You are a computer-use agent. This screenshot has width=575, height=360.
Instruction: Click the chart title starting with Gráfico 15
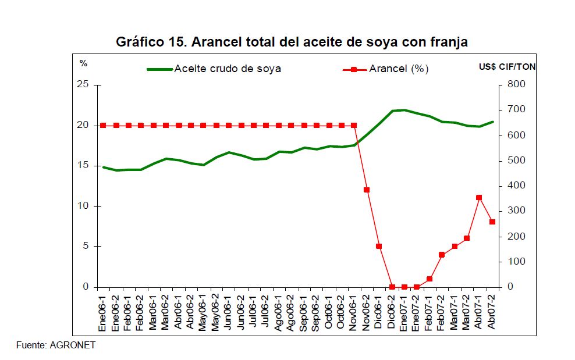tap(292, 42)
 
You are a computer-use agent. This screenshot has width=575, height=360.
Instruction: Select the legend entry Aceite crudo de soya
tap(228, 69)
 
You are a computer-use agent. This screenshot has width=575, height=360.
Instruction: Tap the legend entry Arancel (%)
tap(399, 69)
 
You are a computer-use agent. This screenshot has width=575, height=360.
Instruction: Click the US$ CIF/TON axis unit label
tap(503, 67)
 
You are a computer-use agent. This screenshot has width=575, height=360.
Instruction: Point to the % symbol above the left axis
tap(83, 63)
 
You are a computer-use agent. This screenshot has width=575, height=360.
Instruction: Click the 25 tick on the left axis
tap(83, 85)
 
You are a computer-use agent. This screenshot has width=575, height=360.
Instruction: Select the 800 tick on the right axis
tap(516, 85)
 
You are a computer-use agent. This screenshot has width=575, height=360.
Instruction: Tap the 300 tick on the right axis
tap(516, 211)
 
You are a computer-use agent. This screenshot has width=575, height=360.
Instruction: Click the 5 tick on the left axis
tap(86, 247)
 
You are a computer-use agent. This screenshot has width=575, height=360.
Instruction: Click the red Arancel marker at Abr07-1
tap(479, 198)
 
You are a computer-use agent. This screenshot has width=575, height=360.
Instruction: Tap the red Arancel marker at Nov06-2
tap(367, 190)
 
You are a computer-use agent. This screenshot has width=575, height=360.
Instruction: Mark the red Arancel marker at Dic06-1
tap(379, 247)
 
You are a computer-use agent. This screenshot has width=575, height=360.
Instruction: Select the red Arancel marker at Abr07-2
tap(492, 222)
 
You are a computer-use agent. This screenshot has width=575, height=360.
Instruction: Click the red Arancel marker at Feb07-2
tap(442, 255)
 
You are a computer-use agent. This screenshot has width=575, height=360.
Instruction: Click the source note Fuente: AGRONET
tap(56, 345)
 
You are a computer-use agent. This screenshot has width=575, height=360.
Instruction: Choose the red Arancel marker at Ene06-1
tap(103, 125)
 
